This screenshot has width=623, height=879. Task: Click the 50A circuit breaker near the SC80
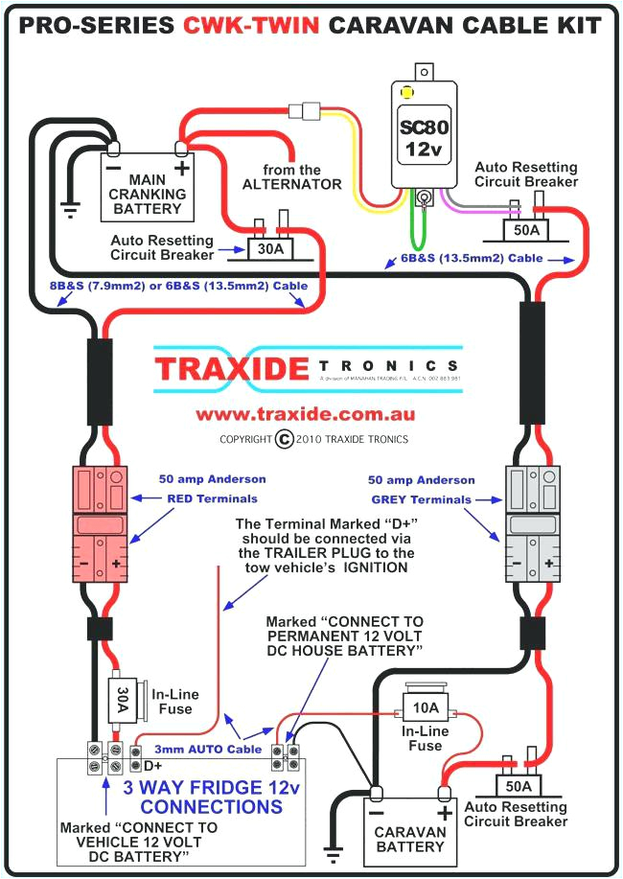526,230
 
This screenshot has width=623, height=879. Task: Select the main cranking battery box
147,186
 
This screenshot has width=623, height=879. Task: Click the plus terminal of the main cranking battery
178,149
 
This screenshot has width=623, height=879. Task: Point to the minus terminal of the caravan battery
374,793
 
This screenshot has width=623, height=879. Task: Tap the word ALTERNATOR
291,184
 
